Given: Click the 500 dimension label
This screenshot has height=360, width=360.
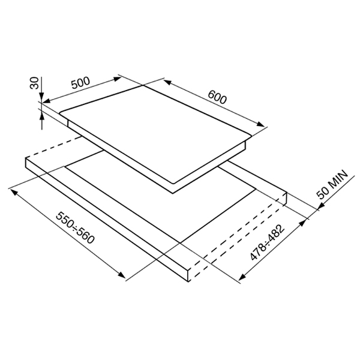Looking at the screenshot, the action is point(80,83).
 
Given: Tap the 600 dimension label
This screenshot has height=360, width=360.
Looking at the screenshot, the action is point(217,97).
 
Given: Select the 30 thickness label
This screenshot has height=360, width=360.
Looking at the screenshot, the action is point(34,83).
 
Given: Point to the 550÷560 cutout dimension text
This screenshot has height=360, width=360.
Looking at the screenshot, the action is point(75,228).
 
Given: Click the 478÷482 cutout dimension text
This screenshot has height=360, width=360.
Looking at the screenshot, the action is point(267,242).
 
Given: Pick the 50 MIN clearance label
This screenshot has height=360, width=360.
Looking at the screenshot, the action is point(332,184).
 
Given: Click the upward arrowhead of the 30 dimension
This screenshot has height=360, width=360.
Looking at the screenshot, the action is point(41,117).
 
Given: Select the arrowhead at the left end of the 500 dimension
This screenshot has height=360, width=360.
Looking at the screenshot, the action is point(46,101).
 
